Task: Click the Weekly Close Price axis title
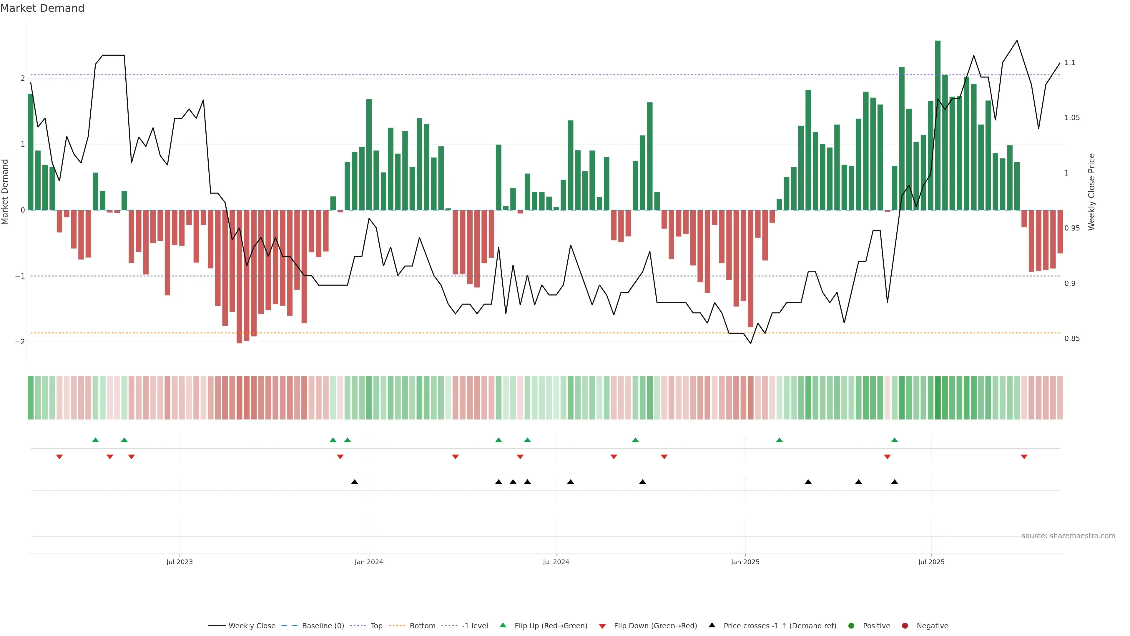pos(1092,192)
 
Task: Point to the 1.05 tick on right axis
pos(1072,118)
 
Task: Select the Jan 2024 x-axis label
pos(368,562)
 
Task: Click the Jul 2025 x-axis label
pos(931,562)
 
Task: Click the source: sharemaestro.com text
pos(1068,536)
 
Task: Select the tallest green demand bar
pos(938,125)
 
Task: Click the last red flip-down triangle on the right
pos(1024,457)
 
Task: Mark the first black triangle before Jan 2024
pos(354,482)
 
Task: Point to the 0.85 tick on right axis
pos(1072,338)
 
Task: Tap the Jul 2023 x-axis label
pos(180,562)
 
